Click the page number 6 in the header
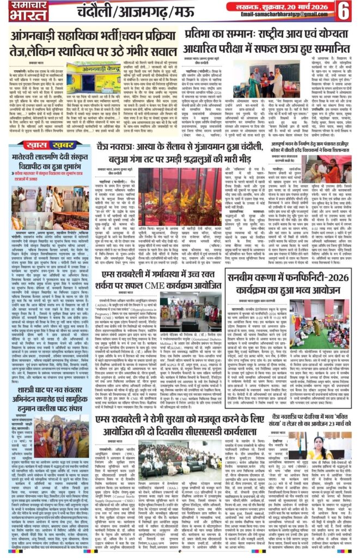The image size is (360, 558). click(345, 10)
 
